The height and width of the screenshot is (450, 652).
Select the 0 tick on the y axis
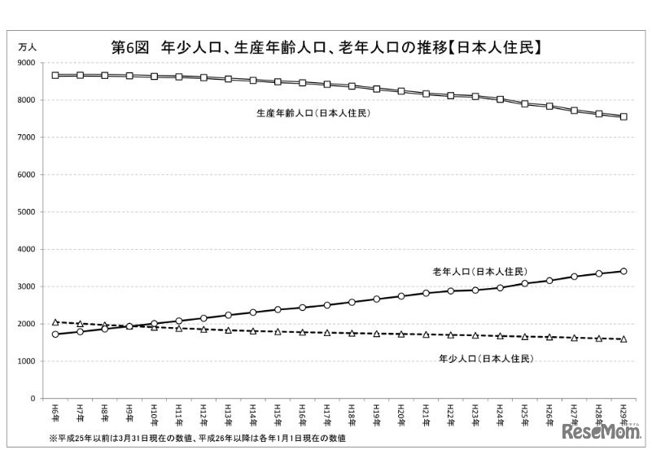coord(32,399)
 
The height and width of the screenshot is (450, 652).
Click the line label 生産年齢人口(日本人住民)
coord(313,113)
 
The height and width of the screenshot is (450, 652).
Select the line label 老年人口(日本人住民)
coord(479,271)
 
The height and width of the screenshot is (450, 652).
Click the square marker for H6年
coord(55,75)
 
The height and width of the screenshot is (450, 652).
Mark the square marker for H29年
coord(624,116)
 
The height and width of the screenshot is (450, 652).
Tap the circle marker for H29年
coord(624,271)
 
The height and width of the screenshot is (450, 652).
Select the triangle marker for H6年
coord(55,322)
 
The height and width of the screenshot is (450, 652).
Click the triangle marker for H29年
coord(624,339)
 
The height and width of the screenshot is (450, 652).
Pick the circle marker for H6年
coord(55,334)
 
